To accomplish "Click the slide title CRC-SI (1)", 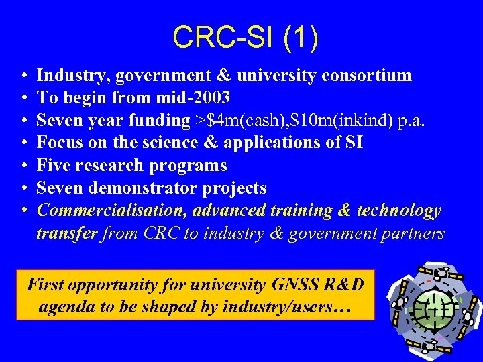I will (x=245, y=38).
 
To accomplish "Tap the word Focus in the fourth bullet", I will (x=58, y=143).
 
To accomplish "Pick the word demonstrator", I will (x=145, y=188).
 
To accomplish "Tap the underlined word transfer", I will (x=66, y=233).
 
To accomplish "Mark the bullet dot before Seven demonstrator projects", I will (x=23, y=188).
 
